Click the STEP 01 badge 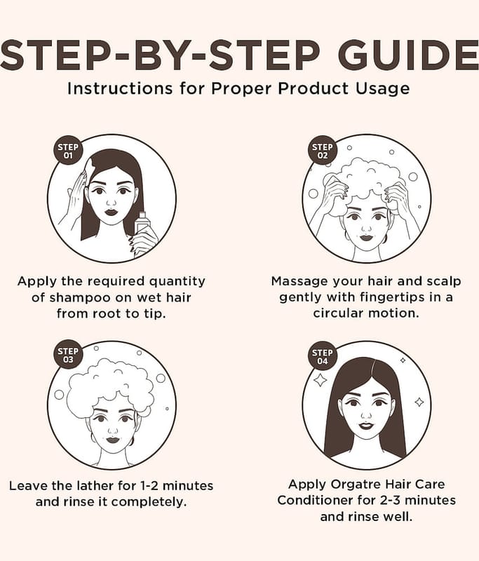click(68, 151)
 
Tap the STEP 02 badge click(323, 151)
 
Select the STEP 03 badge click(68, 356)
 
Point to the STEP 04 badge click(323, 356)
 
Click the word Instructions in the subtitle click(120, 88)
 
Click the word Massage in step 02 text click(299, 282)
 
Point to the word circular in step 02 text click(338, 313)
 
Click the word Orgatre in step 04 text click(354, 485)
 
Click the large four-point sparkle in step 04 click(320, 380)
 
